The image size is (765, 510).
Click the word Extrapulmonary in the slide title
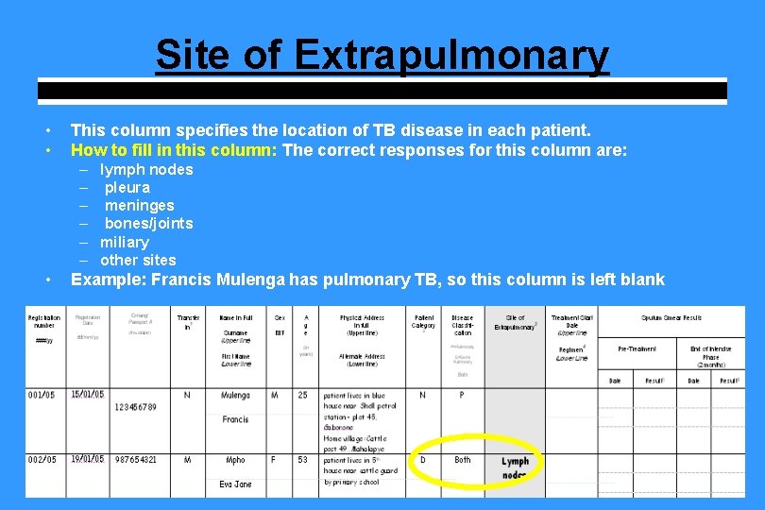click(x=451, y=55)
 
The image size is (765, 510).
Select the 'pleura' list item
click(x=127, y=187)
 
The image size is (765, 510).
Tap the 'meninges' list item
click(x=139, y=205)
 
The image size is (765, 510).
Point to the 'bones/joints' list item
click(x=148, y=223)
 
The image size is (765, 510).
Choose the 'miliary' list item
click(x=125, y=242)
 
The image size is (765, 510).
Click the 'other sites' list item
click(x=138, y=260)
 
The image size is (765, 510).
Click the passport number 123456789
click(x=135, y=407)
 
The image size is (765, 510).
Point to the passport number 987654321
click(x=135, y=460)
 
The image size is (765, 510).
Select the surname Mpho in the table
click(x=235, y=460)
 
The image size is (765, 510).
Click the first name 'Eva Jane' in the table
click(x=235, y=484)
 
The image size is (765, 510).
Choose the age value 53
click(x=303, y=460)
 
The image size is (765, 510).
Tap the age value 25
click(x=303, y=395)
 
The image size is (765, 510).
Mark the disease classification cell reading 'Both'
click(x=463, y=460)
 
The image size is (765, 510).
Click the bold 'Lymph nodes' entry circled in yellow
click(x=515, y=467)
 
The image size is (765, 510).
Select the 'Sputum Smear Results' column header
click(x=671, y=318)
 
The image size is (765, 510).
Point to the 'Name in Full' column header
click(x=235, y=318)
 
